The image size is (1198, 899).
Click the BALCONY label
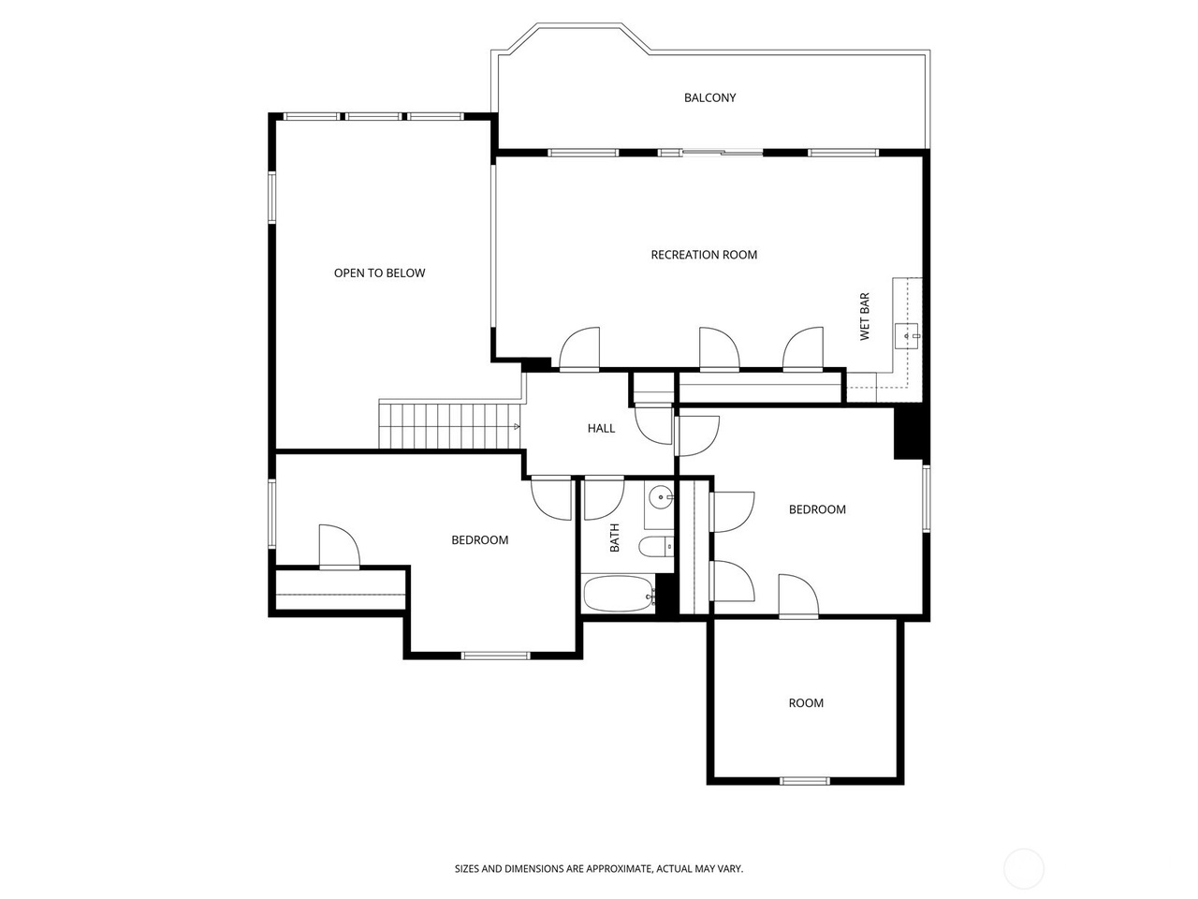coord(709,97)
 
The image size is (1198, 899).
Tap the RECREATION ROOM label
coord(704,255)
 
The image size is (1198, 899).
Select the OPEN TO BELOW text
coord(379,273)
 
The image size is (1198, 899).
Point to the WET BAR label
coord(865,317)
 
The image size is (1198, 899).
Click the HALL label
coord(601,428)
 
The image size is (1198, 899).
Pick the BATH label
coord(615,538)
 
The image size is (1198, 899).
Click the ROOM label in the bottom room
coord(806,703)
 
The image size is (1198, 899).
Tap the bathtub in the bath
coord(619,593)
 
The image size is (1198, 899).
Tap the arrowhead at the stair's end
coord(517,427)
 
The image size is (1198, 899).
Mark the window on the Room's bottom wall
coord(805,780)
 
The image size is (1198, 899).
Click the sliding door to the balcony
coord(722,152)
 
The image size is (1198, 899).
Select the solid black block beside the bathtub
coord(665,594)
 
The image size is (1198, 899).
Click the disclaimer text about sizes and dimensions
coord(599,869)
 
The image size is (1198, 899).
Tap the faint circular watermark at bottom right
coord(1023,868)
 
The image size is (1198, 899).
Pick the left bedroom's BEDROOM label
coord(479,540)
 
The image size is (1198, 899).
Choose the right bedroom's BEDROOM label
coord(817,509)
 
